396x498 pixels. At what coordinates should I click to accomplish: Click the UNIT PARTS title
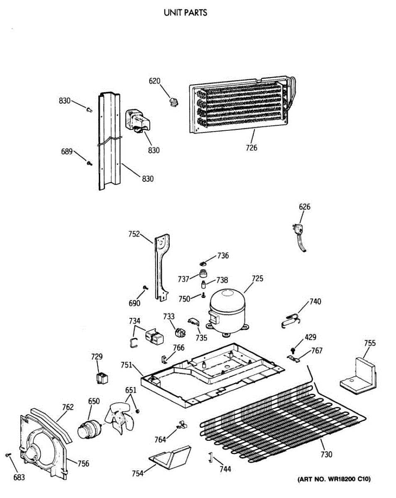click(x=185, y=12)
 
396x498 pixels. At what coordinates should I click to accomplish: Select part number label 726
click(x=251, y=147)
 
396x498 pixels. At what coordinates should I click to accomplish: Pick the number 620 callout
click(x=155, y=81)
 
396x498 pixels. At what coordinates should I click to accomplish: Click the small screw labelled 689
click(x=89, y=164)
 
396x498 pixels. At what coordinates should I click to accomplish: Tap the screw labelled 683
click(x=8, y=455)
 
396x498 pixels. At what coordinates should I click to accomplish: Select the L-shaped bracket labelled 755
click(x=358, y=373)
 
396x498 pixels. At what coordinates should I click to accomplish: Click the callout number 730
click(x=326, y=454)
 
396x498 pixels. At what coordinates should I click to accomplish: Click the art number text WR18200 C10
click(x=333, y=479)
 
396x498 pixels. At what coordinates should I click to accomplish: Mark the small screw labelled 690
click(x=145, y=288)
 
